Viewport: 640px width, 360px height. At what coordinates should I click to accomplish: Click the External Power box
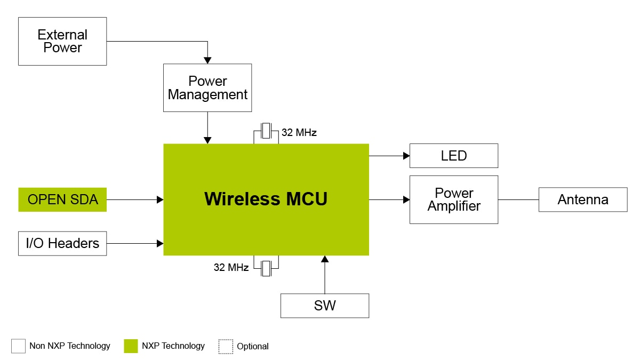coord(62,41)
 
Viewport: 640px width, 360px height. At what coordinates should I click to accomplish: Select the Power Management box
coord(207,88)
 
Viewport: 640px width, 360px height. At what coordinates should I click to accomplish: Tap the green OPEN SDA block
coord(62,200)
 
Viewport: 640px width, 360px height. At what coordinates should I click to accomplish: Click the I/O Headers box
coord(62,243)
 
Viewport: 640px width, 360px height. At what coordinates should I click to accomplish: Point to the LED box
coord(453,156)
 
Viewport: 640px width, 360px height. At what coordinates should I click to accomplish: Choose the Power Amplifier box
coord(453,199)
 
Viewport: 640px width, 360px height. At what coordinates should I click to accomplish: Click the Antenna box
coord(583,199)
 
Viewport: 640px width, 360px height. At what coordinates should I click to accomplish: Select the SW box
coord(325,306)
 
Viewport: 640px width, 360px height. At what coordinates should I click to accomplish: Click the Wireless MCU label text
coord(266,199)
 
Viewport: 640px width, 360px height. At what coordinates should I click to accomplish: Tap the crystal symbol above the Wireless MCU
coord(266,132)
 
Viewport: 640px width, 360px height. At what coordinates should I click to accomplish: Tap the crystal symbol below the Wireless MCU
coord(266,268)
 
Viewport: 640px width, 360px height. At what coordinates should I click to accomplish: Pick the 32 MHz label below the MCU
coord(231,268)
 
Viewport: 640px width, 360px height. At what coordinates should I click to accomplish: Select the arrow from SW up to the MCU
coord(325,275)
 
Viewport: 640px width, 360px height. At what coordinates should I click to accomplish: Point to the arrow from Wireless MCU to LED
coord(389,156)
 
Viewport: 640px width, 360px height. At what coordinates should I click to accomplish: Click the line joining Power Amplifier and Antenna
coord(518,200)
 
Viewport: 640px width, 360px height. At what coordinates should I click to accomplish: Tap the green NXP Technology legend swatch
coord(131,346)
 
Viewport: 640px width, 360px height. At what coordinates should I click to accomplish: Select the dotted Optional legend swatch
coord(226,346)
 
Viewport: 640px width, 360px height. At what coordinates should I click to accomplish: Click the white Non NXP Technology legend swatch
coord(19,346)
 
